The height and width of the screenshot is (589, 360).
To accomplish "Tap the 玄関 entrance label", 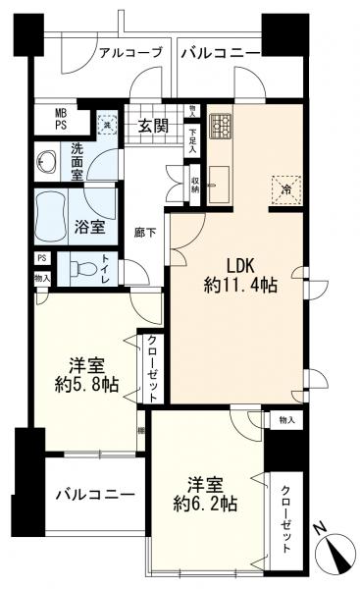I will pos(154,125).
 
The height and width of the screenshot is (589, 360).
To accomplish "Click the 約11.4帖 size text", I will pos(240,287).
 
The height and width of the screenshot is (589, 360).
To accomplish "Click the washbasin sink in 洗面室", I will pos(46,163).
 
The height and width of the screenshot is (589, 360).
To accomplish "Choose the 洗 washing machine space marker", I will pos(106,123).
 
